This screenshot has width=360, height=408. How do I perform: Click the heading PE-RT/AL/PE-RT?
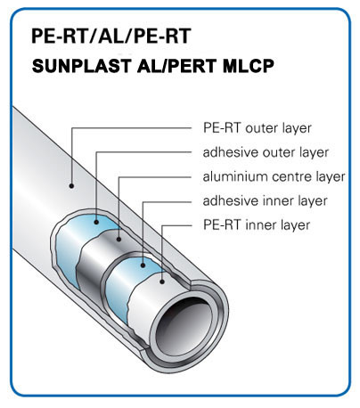click(x=110, y=37)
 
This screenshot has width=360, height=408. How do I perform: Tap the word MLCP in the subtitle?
click(x=248, y=66)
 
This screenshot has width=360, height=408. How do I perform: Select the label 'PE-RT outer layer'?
click(x=258, y=128)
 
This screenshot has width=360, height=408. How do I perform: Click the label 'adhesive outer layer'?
click(x=266, y=152)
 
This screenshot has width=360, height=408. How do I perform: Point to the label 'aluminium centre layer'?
click(x=274, y=176)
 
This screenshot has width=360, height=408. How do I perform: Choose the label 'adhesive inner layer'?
click(x=265, y=200)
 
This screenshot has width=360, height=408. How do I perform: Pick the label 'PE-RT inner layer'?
click(x=257, y=224)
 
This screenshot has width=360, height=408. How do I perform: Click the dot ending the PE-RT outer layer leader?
click(x=71, y=186)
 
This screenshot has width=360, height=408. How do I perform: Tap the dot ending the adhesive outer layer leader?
click(x=96, y=222)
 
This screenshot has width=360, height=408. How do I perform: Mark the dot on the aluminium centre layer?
click(x=119, y=239)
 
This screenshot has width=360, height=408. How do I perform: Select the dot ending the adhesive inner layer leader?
click(x=143, y=265)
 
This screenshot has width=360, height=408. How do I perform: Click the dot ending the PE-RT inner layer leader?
click(x=162, y=282)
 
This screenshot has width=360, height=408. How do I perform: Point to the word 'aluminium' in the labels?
click(x=235, y=176)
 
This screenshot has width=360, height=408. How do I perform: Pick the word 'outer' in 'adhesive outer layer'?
click(x=279, y=153)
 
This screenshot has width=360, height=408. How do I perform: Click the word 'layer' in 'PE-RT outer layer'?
click(x=295, y=129)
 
